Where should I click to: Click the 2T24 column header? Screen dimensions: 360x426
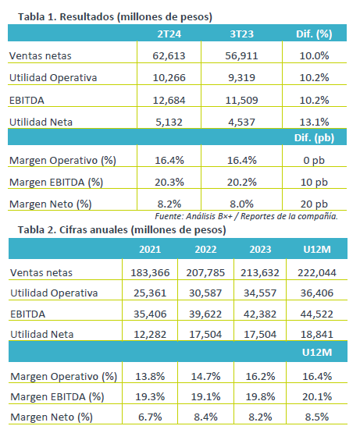169,34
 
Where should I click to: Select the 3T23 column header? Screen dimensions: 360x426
241,34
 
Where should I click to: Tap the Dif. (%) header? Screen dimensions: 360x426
314,34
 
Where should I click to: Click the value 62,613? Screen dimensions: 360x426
169,55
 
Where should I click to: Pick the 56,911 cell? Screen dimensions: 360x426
241,55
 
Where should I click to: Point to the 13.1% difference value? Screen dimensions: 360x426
315,122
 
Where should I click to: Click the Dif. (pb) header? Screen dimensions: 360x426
314,138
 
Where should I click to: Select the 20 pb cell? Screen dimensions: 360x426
314,204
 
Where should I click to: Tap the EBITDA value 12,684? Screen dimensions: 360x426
169,100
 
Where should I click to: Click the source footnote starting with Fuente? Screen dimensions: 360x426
246,216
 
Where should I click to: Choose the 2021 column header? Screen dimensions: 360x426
150,250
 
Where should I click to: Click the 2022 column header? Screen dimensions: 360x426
205,250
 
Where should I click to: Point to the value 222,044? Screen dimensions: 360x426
317,272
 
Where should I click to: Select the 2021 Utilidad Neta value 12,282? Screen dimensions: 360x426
150,334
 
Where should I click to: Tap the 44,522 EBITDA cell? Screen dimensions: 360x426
317,314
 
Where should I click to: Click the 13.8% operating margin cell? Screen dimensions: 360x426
150,376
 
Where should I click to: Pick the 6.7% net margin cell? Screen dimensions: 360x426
150,417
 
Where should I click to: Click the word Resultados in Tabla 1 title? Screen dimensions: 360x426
87,17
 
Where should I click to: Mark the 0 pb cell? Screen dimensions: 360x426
314,160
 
